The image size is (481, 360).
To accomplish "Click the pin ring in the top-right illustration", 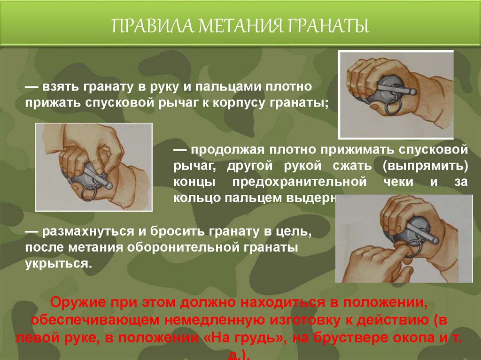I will [393, 104].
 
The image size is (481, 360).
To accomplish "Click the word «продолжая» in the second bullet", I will [227, 151].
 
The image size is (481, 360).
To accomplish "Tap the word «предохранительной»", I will [299, 182].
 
